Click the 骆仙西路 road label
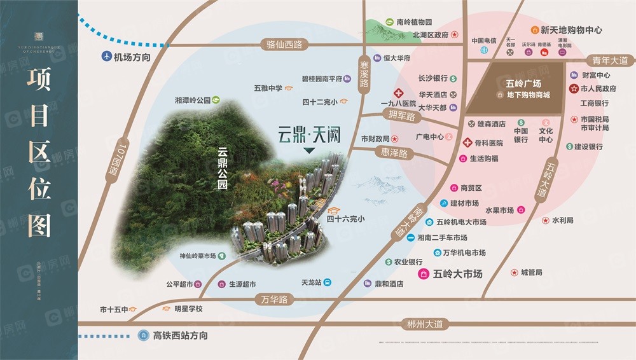(x=284, y=45)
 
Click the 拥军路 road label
(x=401, y=116)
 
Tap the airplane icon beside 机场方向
(x=106, y=57)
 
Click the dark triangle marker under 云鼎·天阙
(x=308, y=151)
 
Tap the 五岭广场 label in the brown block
(x=523, y=83)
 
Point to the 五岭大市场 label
(x=457, y=274)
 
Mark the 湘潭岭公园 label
(x=192, y=100)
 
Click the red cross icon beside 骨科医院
(x=468, y=143)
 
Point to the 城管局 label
(x=531, y=273)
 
